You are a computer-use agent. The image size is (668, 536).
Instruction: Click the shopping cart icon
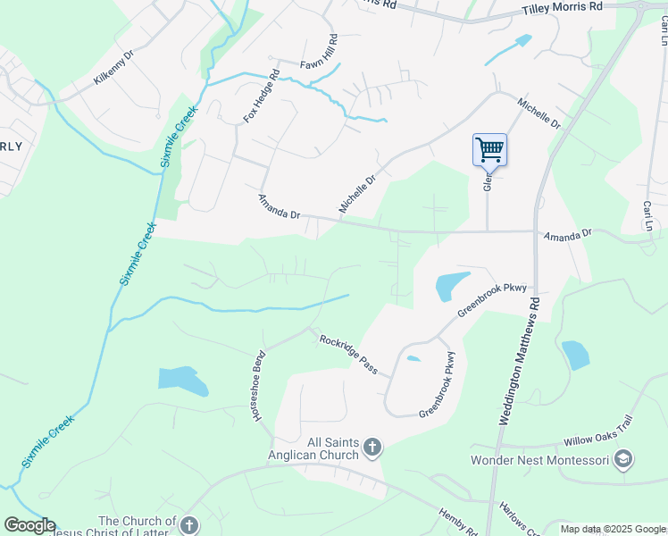click(x=489, y=149)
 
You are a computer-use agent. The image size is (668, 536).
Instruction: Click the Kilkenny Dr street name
click(x=113, y=68)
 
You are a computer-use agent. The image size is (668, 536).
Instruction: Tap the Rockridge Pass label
click(x=349, y=354)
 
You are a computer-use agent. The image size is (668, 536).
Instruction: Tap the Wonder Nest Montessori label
click(x=540, y=460)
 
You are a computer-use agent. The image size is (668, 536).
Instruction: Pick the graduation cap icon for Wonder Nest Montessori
click(x=623, y=460)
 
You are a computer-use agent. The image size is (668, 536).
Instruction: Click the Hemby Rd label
click(x=457, y=522)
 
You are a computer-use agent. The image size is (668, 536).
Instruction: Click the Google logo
click(x=29, y=525)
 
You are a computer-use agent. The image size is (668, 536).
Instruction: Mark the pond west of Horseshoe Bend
click(x=183, y=380)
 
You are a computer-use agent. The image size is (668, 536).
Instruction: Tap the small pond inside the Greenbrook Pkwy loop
click(x=413, y=359)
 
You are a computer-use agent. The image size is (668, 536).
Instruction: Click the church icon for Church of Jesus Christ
click(x=188, y=523)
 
